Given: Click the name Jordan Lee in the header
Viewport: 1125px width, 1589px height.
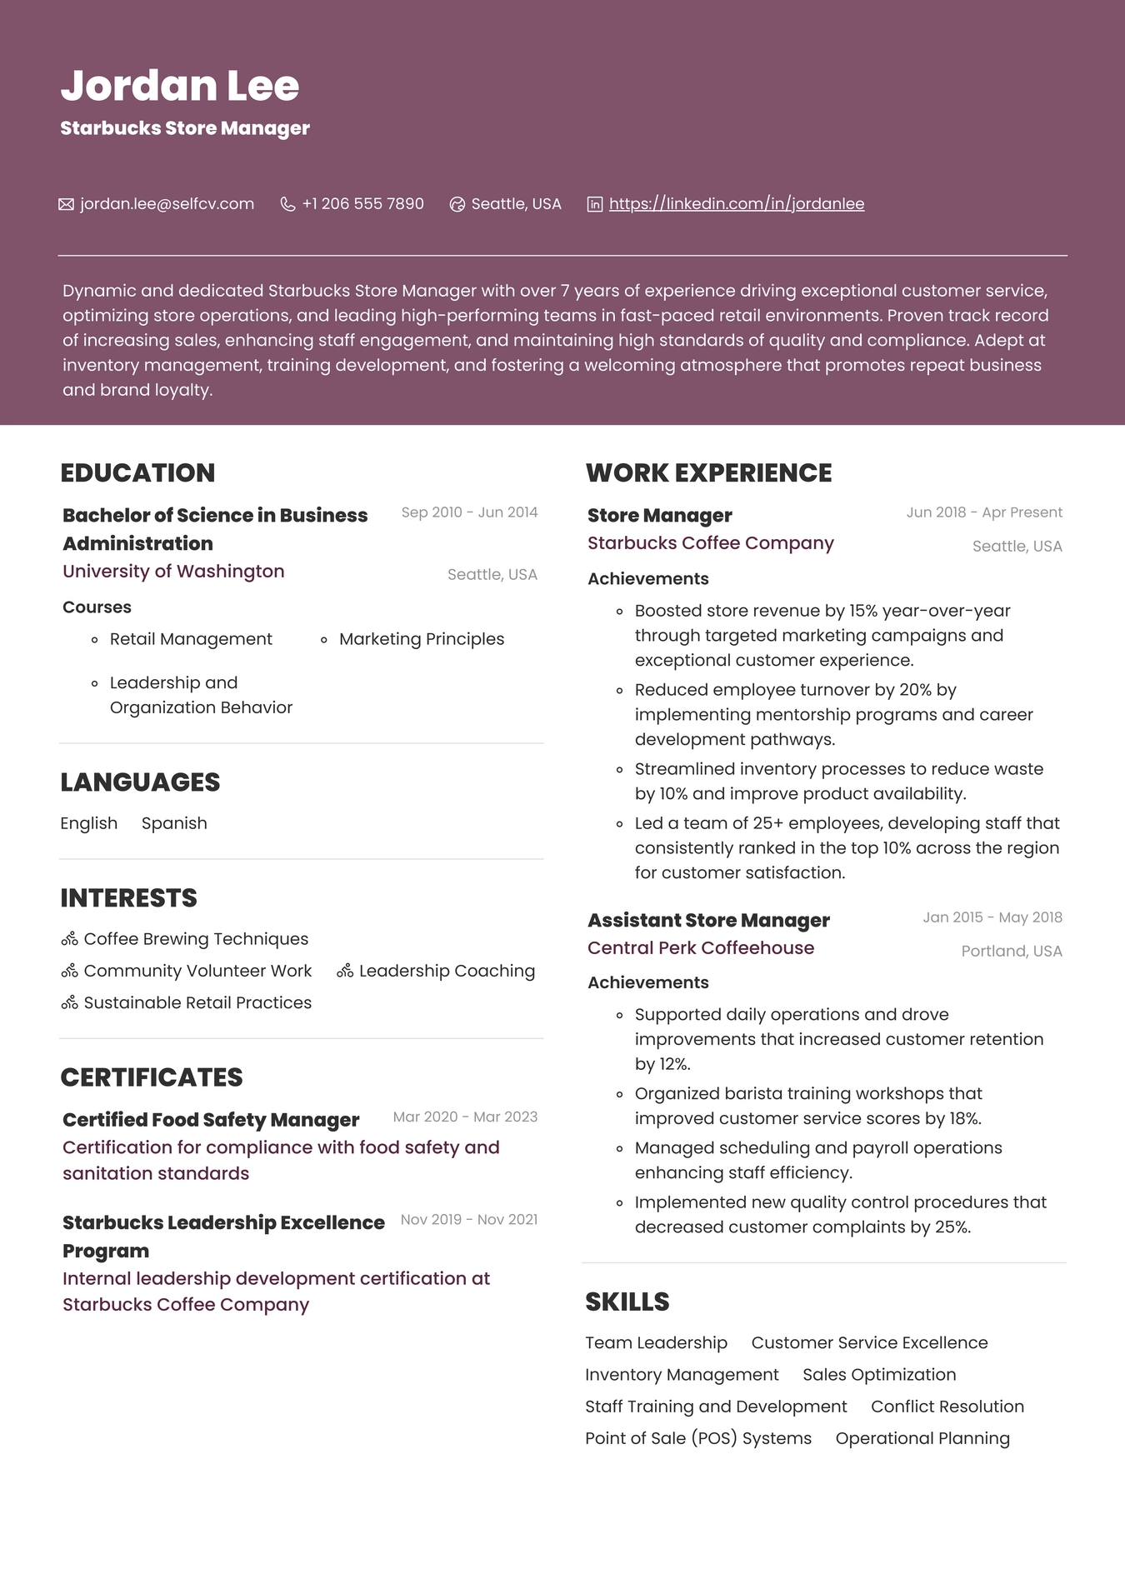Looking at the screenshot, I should click(179, 86).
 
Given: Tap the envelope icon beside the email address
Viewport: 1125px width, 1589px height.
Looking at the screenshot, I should click(66, 204).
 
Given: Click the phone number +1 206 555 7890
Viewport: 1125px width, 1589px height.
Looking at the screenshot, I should click(362, 204).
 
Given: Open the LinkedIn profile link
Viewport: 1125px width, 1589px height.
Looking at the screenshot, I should click(736, 204).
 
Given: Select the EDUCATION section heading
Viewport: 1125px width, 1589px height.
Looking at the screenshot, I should click(137, 472).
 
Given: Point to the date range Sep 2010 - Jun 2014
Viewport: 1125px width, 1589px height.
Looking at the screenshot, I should click(469, 512).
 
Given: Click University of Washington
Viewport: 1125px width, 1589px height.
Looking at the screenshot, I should click(173, 572).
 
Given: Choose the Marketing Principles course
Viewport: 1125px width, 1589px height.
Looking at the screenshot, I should click(421, 639).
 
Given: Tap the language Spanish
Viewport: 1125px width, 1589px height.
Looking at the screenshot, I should click(174, 823).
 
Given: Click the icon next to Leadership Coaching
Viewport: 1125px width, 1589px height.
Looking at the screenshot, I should click(345, 972).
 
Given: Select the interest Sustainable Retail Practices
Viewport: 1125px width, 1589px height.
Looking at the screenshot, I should click(197, 1003).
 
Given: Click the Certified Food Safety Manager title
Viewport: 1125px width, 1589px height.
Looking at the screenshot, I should click(211, 1120).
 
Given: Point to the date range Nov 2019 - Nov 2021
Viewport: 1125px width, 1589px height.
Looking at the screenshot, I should click(468, 1220).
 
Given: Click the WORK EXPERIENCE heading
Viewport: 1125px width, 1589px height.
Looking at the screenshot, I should click(708, 472).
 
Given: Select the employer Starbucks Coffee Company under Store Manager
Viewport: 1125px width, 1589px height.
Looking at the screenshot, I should click(710, 543).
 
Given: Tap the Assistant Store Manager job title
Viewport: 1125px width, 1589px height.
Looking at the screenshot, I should click(708, 921).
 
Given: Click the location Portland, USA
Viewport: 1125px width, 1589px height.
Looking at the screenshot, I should click(1011, 952).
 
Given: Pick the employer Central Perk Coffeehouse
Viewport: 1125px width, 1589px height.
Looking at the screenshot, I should click(700, 948).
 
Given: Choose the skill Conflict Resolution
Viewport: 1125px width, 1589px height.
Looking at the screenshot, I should click(947, 1407).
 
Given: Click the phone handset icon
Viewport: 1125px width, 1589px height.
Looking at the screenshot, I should click(287, 204).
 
